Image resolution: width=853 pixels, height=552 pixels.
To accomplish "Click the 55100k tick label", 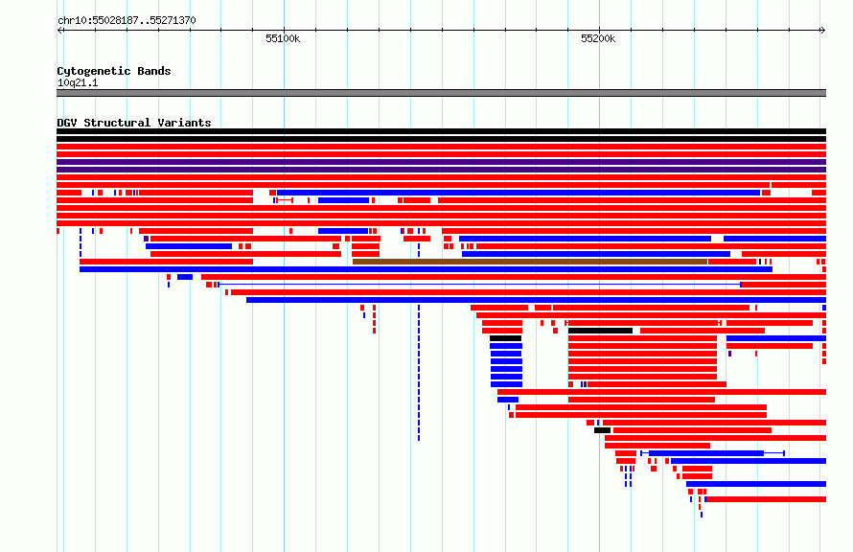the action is (283, 38).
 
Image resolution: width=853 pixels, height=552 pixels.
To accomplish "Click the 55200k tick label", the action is (598, 38).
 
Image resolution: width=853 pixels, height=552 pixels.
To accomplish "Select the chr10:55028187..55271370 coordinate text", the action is (127, 21).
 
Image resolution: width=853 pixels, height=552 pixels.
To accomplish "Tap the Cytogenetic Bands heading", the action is (114, 71).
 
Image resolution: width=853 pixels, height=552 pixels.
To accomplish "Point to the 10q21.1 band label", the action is (78, 82).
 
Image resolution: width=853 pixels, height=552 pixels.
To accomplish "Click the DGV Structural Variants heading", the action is (134, 123).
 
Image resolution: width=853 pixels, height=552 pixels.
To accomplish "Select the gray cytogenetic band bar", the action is (441, 93).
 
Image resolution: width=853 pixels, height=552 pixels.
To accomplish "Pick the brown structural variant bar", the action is (530, 262).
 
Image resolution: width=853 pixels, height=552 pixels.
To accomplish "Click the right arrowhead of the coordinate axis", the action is (823, 30).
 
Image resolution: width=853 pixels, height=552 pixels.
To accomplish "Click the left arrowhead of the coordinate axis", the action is (59, 30).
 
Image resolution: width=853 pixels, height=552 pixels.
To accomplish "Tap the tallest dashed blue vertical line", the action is (419, 373).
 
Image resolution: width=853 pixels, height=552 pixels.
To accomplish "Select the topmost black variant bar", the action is (441, 131).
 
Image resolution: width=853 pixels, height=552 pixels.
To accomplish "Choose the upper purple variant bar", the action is (441, 162).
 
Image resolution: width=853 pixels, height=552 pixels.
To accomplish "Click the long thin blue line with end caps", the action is (480, 285).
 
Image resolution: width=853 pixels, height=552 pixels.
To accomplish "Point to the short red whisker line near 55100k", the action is (285, 200).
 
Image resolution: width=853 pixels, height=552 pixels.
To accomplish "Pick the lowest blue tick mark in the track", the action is (702, 515).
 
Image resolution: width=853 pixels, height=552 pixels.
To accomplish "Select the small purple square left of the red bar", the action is (146, 239).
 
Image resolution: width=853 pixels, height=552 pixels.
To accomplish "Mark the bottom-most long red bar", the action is (766, 499).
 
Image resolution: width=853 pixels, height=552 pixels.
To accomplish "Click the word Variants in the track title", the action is (184, 123).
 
